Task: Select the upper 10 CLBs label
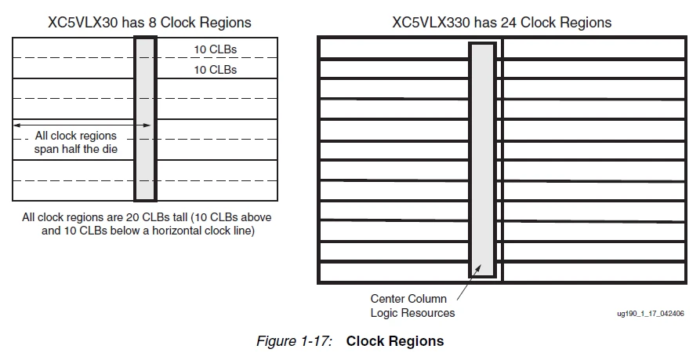click(215, 49)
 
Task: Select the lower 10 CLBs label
click(215, 70)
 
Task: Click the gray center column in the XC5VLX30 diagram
click(145, 118)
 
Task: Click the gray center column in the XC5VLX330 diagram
click(482, 157)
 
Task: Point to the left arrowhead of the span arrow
click(17, 125)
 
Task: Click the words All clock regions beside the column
click(75, 136)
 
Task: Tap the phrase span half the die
click(75, 149)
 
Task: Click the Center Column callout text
click(408, 299)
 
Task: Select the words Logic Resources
click(412, 313)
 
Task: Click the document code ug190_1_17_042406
click(651, 313)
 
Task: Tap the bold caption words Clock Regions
click(395, 341)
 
